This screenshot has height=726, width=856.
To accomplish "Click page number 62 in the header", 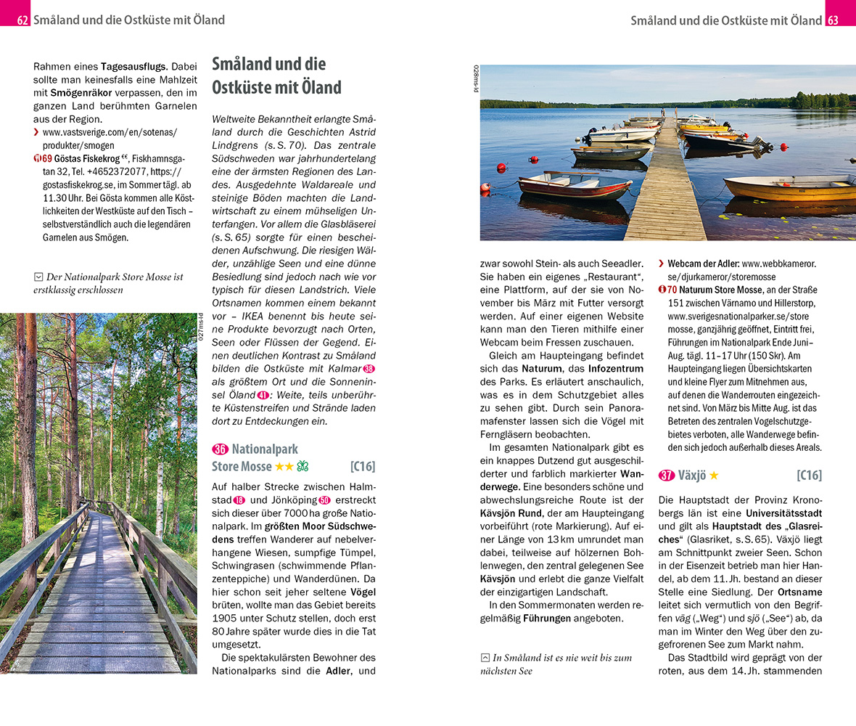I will (x=22, y=20).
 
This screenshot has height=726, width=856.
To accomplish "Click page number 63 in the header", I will (x=833, y=20).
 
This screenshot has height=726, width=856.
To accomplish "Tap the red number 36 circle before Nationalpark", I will (x=219, y=449).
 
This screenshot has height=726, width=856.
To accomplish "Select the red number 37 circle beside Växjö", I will (x=667, y=476).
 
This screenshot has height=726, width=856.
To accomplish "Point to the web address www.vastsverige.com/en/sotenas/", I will (x=110, y=132).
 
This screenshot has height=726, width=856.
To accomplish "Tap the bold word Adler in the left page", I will (x=338, y=671).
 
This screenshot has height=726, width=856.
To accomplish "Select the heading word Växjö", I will (x=693, y=476).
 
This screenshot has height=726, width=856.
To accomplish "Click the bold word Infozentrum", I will (x=616, y=368).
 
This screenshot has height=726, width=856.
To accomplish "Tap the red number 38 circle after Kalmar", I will (x=369, y=369).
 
